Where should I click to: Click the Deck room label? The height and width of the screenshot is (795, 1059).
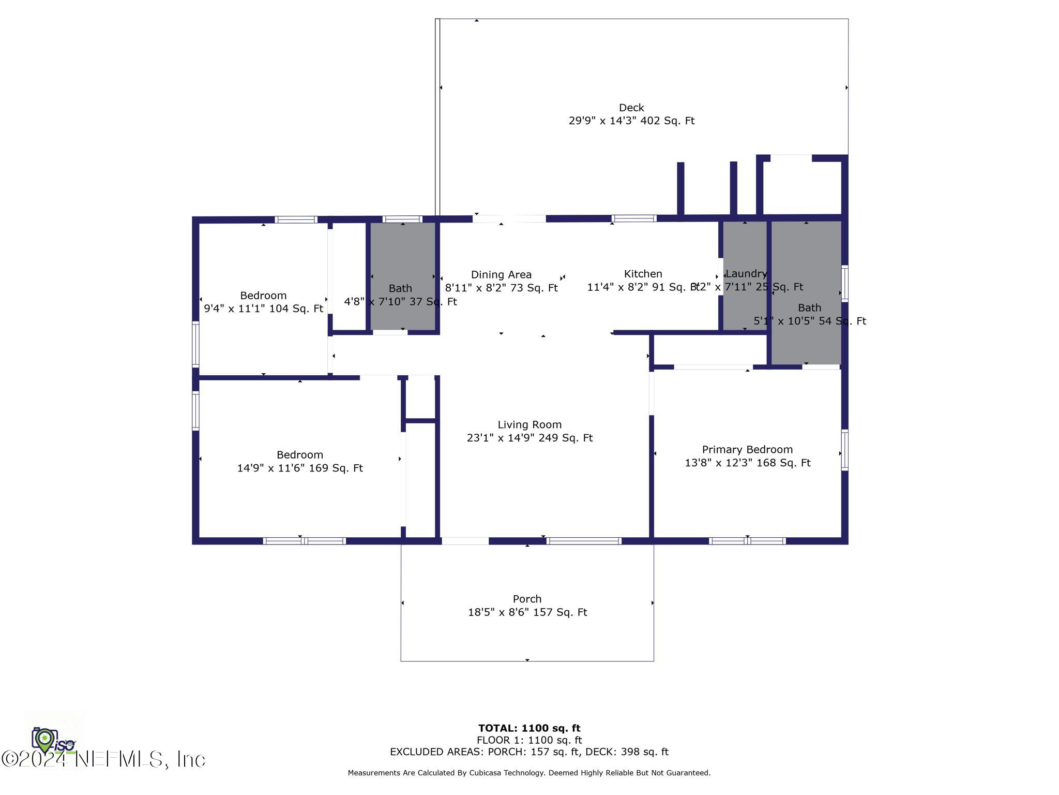coord(631,108)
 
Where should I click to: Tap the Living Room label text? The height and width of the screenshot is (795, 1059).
coord(529,425)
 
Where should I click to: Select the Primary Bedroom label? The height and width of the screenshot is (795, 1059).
coord(747,450)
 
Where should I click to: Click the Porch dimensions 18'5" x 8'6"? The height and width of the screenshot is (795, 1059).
coord(527,612)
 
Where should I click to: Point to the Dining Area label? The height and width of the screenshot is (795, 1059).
coord(501,275)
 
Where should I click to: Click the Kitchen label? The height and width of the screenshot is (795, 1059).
coord(642,274)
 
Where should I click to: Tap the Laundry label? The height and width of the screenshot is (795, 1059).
coord(746,273)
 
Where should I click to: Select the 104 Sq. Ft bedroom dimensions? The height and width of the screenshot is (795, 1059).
coord(263,308)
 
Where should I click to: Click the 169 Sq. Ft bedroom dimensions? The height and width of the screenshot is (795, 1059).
coord(300,468)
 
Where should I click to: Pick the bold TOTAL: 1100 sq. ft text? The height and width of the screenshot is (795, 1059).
coord(529,728)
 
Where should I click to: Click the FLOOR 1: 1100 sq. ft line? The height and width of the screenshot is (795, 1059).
coord(529,740)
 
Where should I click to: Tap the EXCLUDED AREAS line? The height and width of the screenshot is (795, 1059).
coord(529,752)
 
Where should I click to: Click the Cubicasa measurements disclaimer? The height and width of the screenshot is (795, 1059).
coord(529,773)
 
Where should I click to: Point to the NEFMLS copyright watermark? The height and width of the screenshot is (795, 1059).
coord(103,759)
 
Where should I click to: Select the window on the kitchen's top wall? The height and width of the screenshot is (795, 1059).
coord(634,219)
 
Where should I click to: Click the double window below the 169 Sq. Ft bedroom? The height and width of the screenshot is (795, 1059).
coord(304,541)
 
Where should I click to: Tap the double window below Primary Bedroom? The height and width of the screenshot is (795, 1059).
coord(747,541)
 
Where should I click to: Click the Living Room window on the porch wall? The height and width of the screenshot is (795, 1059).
coord(584,541)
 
